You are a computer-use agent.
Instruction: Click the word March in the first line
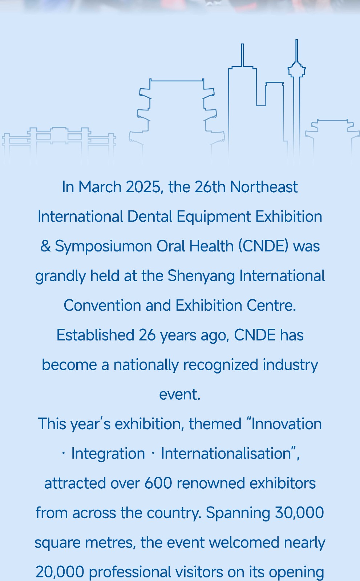100,187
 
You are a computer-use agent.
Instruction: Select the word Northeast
264,187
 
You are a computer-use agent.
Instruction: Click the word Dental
150,216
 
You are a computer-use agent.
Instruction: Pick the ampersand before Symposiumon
45,246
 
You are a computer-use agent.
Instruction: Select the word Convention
102,305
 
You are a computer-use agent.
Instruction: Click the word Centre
271,305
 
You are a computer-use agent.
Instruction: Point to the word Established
95,335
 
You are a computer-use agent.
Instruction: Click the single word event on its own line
180,395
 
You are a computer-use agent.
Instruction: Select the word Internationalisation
226,453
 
